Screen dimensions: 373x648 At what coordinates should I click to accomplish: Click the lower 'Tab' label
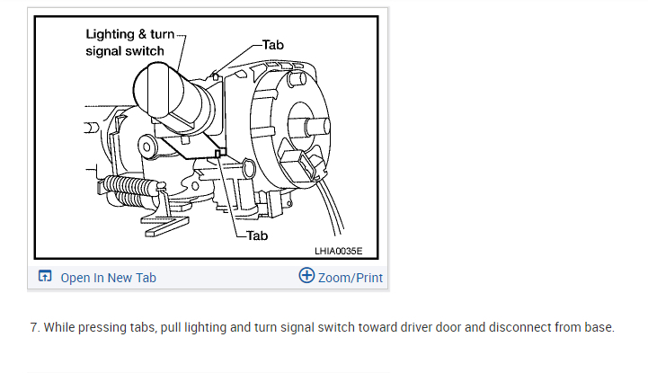click(256, 235)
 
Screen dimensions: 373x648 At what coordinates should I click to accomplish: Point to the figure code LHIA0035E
click(344, 250)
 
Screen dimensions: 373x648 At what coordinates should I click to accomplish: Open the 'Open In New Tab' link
click(108, 277)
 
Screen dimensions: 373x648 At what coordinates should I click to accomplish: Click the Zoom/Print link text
click(351, 277)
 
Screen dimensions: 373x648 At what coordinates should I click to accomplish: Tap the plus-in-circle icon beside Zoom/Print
click(306, 276)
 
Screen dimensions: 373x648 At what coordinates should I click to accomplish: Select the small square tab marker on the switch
click(218, 153)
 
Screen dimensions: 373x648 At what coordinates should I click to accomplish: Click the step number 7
click(34, 327)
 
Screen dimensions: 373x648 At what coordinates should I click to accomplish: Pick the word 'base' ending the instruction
click(597, 327)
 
